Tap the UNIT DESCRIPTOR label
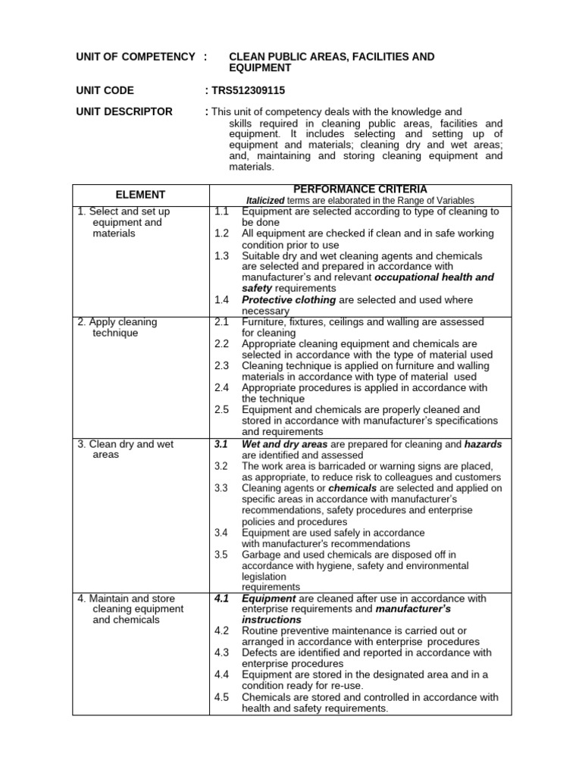click(x=125, y=111)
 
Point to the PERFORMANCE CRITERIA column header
click(x=360, y=189)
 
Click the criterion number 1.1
click(x=221, y=212)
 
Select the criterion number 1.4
click(x=221, y=300)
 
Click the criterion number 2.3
click(x=221, y=366)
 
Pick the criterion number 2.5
click(x=221, y=410)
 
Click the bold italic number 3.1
click(x=221, y=444)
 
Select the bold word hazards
click(x=483, y=444)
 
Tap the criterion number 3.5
click(x=221, y=555)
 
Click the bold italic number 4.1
click(x=221, y=599)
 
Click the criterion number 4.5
click(x=221, y=697)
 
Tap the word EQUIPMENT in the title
click(x=260, y=67)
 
